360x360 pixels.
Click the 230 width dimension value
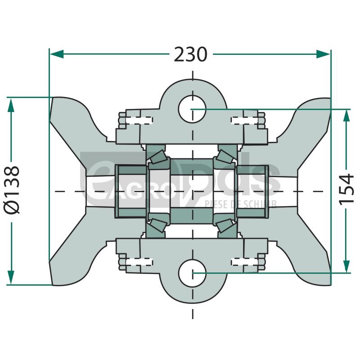[x=191, y=54]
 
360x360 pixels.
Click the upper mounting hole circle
[x=192, y=108]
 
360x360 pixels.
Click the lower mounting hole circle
[x=192, y=273]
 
